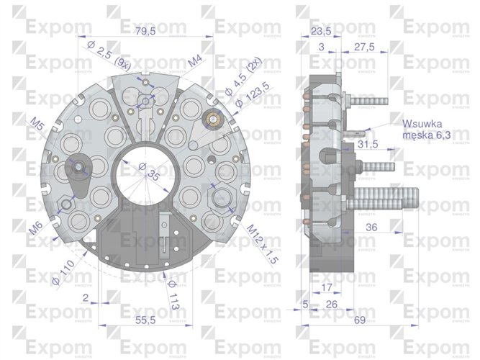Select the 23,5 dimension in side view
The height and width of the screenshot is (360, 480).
pos(321,31)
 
